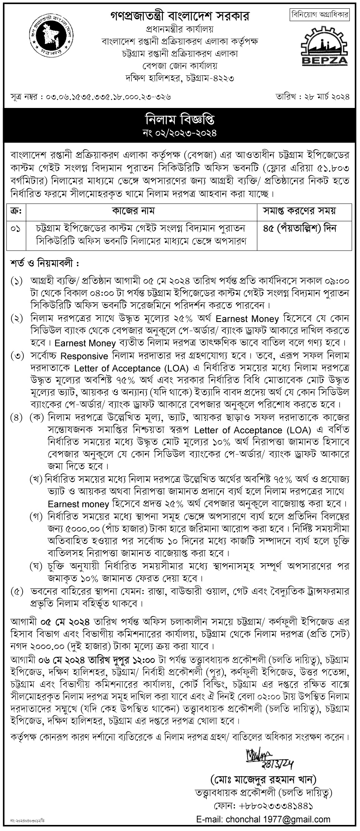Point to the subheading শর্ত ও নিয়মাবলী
point(45,262)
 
